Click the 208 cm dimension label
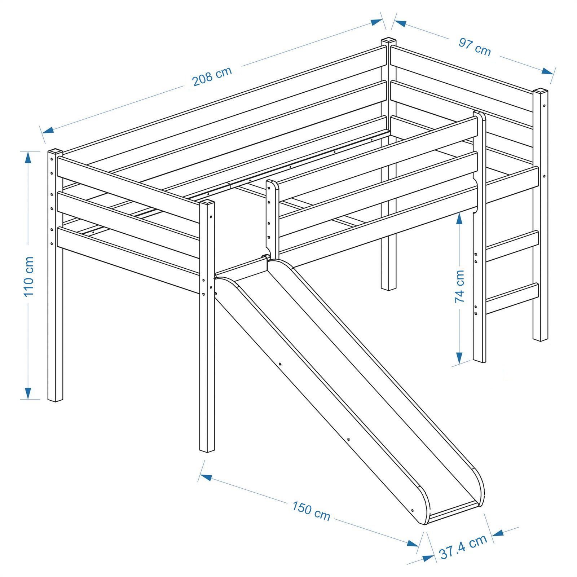click(212, 77)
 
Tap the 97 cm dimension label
click(475, 47)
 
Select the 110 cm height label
click(28, 276)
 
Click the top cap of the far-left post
click(55, 150)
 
